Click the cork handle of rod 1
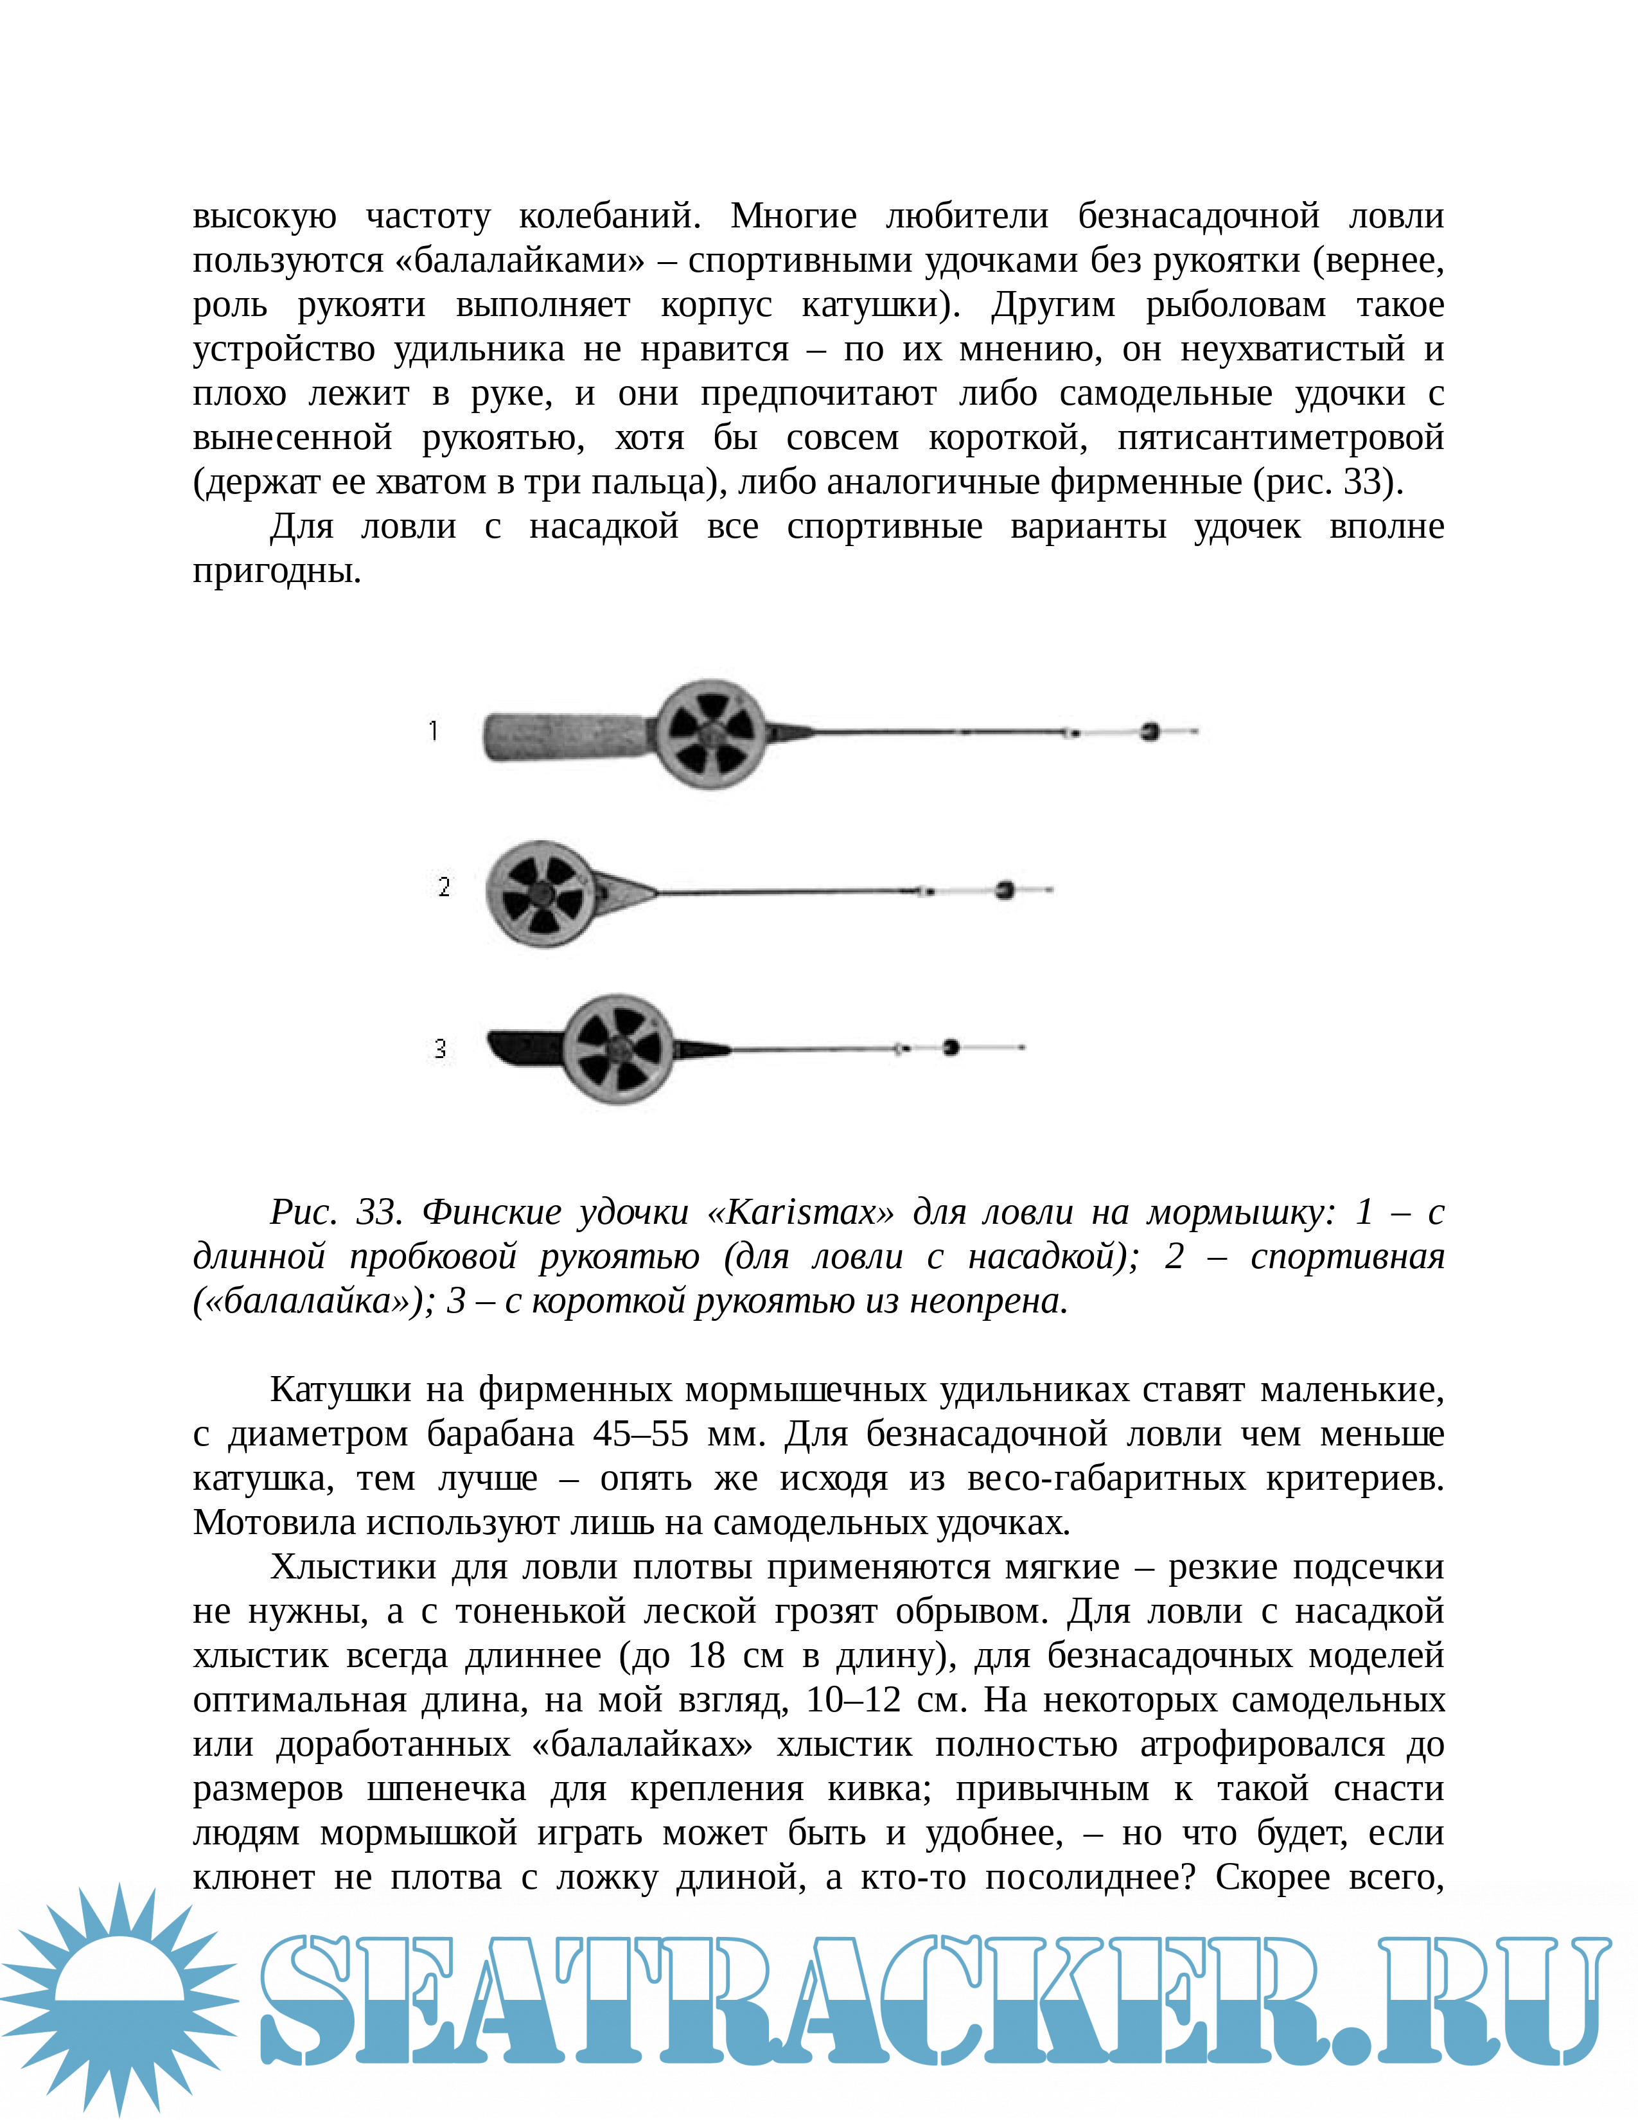563,738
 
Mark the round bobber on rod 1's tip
1150,731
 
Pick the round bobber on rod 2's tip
1005,889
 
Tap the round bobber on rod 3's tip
951,1047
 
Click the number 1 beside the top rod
434,731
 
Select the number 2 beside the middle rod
443,887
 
